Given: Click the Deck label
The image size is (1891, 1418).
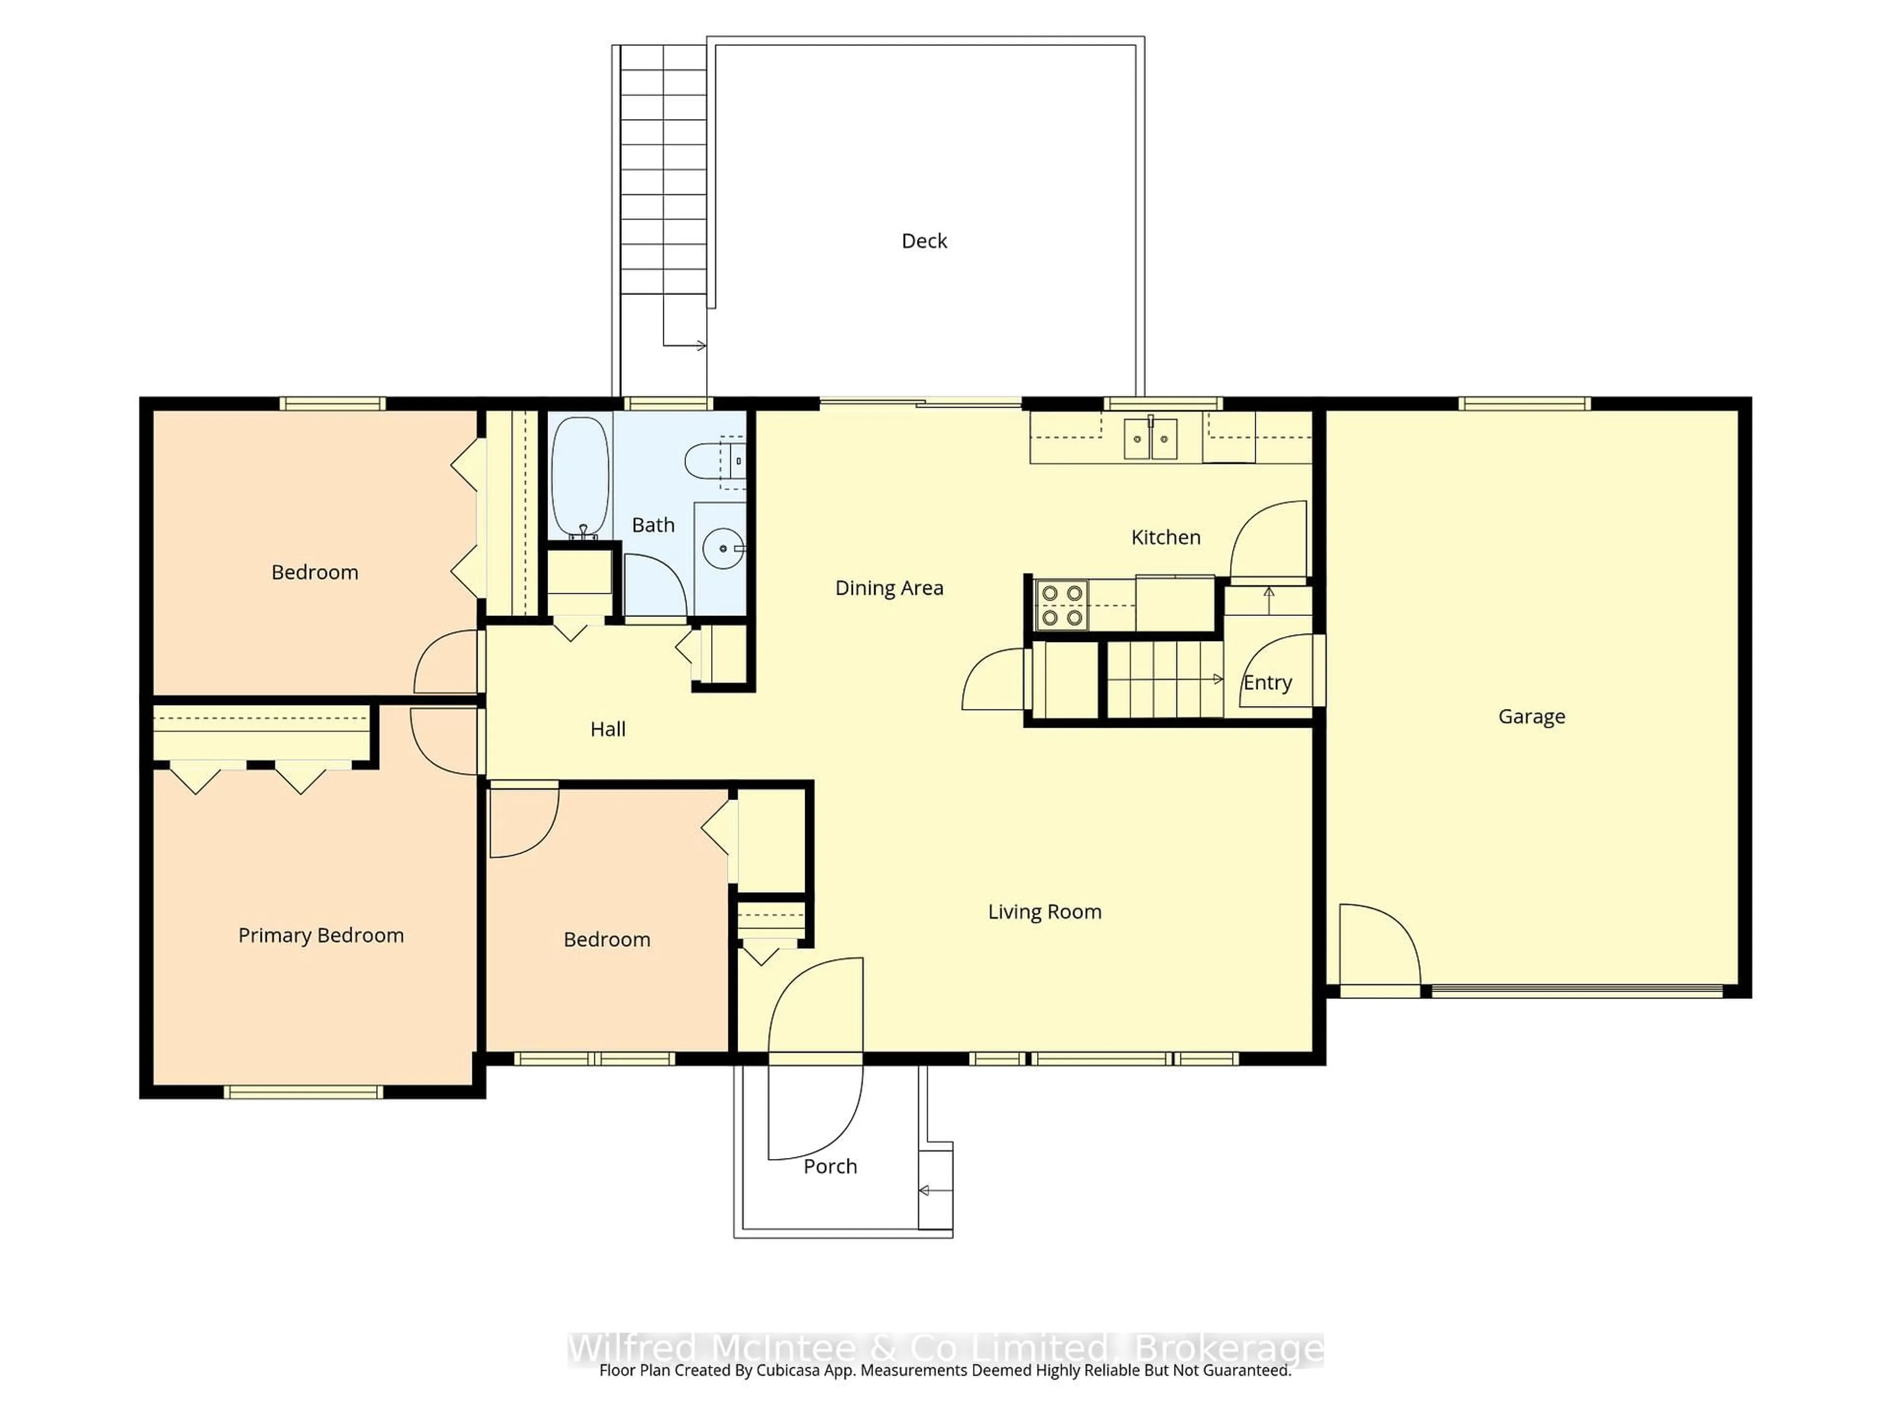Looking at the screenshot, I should pos(924,241).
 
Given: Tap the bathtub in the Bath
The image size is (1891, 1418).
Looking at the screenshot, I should pos(581,476).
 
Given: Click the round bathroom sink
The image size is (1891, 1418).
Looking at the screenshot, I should pos(723,548).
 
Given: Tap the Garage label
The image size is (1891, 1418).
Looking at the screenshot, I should pos(1531,716).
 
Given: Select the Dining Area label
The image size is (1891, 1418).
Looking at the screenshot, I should pos(889,588).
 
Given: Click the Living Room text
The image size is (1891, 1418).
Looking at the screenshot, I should pos(1044,912).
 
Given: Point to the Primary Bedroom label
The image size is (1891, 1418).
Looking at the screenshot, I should pos(321,935).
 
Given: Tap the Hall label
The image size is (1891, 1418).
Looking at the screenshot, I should pos(608,729).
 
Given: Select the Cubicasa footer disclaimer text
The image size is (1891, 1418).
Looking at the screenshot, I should pos(945,1370).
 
